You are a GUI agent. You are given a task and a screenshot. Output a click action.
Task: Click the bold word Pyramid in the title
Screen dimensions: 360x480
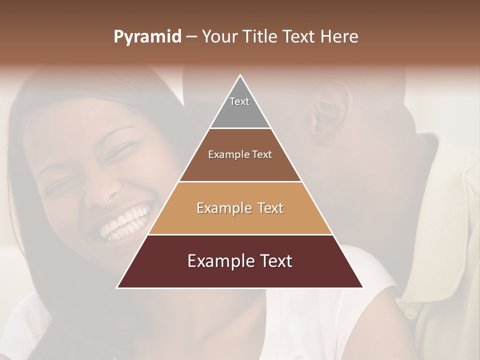(147, 37)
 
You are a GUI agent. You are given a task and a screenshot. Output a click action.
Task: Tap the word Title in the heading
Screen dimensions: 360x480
(262, 37)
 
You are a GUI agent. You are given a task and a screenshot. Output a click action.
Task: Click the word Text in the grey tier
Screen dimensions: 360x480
(239, 101)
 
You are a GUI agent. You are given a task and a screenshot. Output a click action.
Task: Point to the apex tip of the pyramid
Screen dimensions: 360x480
(240, 76)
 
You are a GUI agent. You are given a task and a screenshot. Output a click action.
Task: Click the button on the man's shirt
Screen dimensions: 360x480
(410, 313)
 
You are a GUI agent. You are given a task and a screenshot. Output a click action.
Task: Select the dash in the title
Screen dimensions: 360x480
(191, 37)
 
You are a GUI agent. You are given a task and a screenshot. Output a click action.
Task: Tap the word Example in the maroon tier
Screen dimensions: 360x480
(218, 261)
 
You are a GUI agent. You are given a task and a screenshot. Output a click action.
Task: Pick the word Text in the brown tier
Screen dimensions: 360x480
(261, 154)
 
